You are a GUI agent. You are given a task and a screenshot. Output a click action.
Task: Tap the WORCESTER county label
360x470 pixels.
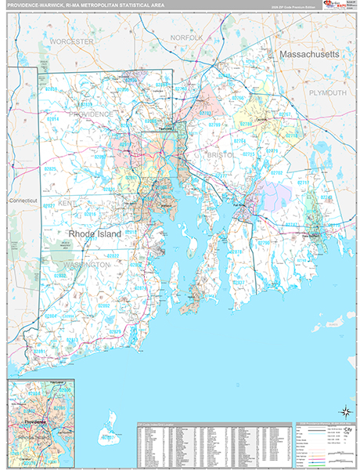point(71,40)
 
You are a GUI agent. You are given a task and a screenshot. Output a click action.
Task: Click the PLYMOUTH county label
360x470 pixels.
point(324,92)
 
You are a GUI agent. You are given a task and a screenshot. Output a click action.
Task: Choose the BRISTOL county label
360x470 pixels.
point(221,156)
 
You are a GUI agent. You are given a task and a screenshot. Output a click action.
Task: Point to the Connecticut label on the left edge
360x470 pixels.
point(23,201)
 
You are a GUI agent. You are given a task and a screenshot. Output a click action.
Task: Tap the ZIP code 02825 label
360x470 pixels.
point(51,168)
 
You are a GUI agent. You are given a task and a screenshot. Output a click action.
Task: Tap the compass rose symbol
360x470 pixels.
point(344,410)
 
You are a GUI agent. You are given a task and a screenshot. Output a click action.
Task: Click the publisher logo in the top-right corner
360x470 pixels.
point(333,7)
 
